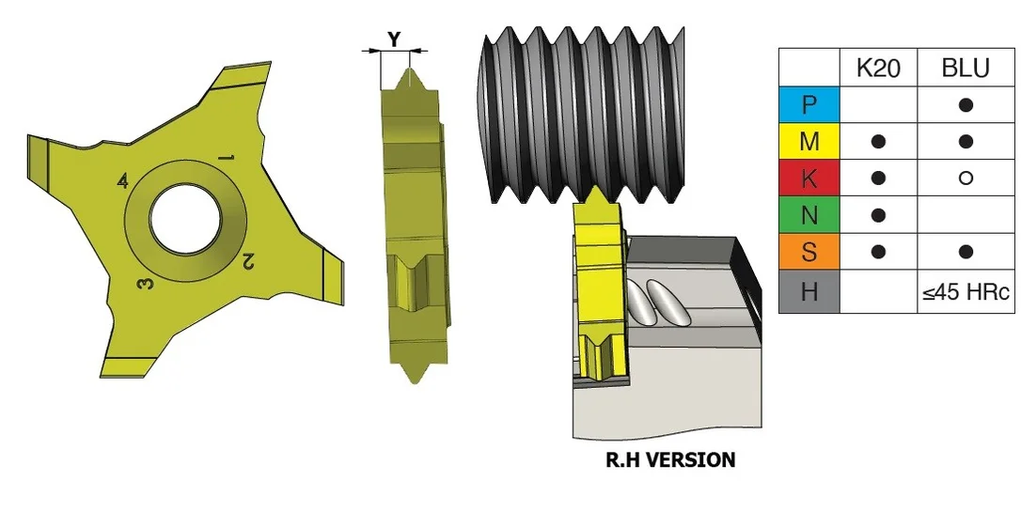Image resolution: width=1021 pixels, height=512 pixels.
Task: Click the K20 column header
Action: [x=878, y=68]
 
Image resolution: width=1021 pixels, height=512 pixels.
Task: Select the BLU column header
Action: [x=966, y=68]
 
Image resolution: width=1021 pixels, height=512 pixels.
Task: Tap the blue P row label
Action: [x=809, y=104]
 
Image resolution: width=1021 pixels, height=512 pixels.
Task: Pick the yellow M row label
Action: [x=809, y=141]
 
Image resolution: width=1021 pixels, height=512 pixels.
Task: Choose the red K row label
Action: [x=809, y=178]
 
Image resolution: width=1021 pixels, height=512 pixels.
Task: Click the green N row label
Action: [x=809, y=215]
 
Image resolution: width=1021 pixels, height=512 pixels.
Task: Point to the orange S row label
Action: [x=809, y=251]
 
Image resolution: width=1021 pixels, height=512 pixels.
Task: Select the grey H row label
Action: [x=809, y=291]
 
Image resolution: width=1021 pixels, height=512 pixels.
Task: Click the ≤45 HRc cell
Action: [x=966, y=291]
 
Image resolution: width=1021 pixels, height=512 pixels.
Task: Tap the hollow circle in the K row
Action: [x=966, y=178]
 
